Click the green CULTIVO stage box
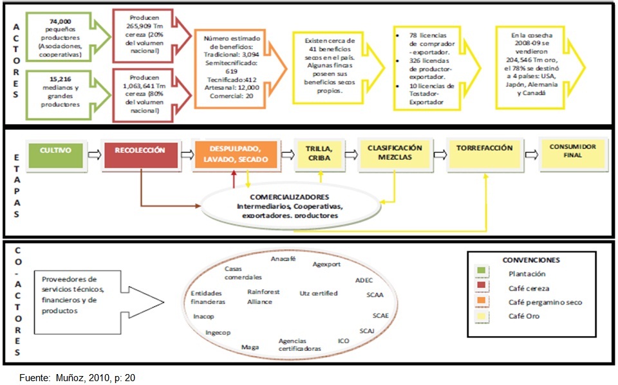(x=55, y=155)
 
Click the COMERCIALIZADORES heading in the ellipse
(x=281, y=197)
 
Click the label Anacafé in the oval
(x=284, y=259)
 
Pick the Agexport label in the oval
(x=326, y=264)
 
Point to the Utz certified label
(x=319, y=293)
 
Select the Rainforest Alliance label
(x=261, y=296)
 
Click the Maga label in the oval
(x=250, y=347)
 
